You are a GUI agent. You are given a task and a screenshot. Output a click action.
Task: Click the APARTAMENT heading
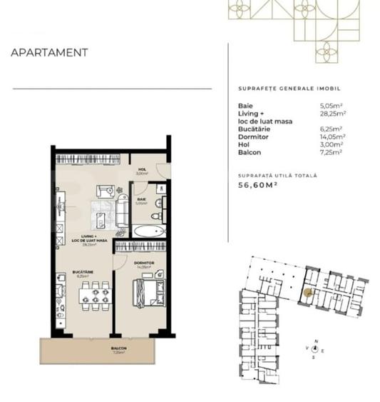coord(49,52)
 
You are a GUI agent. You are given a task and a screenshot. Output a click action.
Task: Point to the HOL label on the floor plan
coord(141,169)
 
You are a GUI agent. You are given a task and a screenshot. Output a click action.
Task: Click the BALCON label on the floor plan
coord(119,349)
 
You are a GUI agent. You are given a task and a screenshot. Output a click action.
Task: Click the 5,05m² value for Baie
coord(333,106)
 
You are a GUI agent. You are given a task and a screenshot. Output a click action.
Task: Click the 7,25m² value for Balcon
coord(333,152)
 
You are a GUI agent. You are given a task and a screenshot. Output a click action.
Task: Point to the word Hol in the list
coord(243,144)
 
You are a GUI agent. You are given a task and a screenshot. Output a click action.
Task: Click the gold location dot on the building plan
coord(308,292)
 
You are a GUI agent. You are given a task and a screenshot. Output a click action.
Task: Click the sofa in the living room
coord(122,208)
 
